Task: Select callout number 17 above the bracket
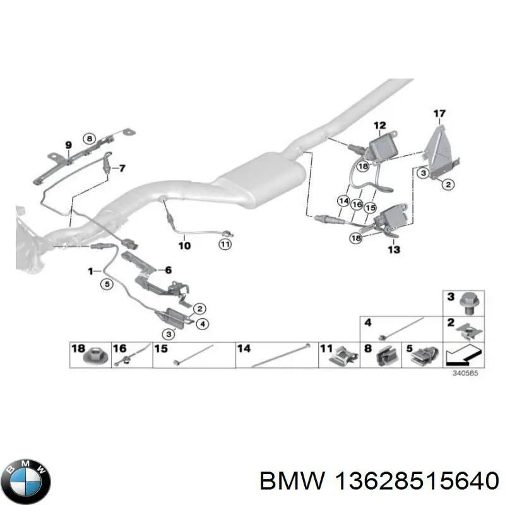click(x=439, y=114)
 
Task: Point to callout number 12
click(x=379, y=126)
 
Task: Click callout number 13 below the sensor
click(x=394, y=250)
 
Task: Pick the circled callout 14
click(x=343, y=201)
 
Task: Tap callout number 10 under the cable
click(x=184, y=246)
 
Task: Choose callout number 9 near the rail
click(x=68, y=146)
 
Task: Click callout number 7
click(x=122, y=168)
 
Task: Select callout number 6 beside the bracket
click(x=167, y=270)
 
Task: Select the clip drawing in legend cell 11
click(x=343, y=358)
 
